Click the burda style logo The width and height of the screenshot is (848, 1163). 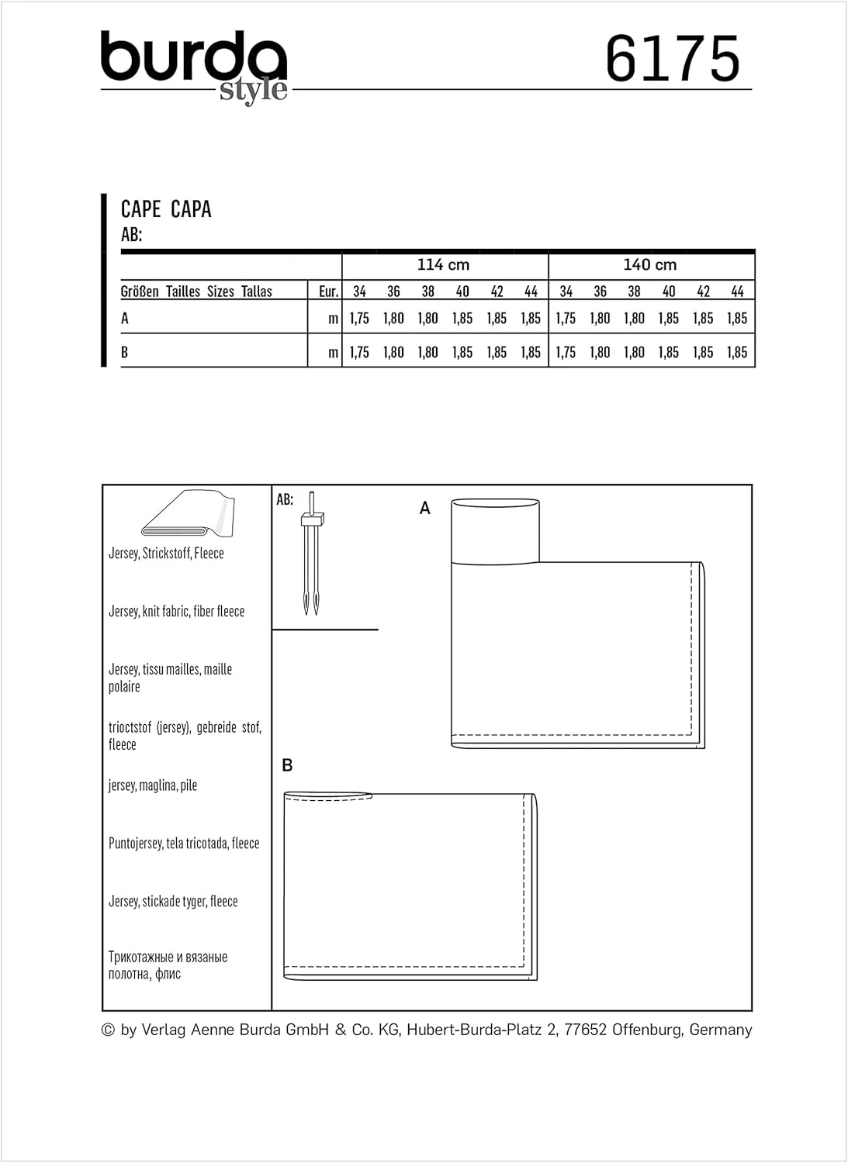(x=194, y=66)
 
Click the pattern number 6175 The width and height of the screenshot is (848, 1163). (x=673, y=59)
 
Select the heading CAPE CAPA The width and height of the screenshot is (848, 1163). (x=166, y=209)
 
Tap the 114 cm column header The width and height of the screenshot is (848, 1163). (x=443, y=264)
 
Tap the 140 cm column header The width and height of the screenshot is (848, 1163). (x=650, y=264)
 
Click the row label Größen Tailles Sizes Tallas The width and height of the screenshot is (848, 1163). (x=196, y=292)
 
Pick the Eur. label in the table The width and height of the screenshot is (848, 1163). (x=328, y=292)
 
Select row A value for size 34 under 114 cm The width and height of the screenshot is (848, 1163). (x=359, y=318)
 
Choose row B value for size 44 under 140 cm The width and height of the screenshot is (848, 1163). (x=737, y=352)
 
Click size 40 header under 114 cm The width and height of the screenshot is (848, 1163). (x=462, y=292)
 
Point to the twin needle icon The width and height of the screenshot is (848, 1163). (x=311, y=553)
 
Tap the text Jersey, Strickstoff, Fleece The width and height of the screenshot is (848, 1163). (x=166, y=553)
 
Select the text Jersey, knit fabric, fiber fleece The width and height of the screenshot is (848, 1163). (x=176, y=611)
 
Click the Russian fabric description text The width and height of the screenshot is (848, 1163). (x=168, y=965)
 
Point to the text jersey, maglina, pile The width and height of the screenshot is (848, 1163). (x=153, y=785)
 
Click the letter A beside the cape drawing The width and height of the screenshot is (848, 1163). (x=424, y=508)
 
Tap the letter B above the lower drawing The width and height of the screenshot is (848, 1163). (x=287, y=765)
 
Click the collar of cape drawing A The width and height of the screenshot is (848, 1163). (x=495, y=531)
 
